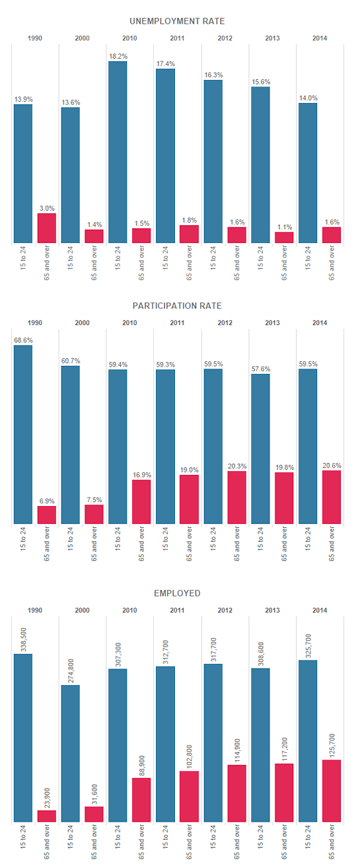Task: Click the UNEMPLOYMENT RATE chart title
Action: click(x=177, y=21)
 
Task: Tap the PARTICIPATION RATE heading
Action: click(x=177, y=306)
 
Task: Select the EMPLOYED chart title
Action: click(x=177, y=593)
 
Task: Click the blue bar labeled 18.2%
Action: click(x=118, y=152)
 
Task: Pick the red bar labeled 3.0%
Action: click(x=47, y=228)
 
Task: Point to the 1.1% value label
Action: click(x=285, y=227)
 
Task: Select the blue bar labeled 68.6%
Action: click(x=23, y=435)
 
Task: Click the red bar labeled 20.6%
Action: click(x=332, y=497)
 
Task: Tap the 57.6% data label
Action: click(x=261, y=369)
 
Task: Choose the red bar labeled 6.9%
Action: click(x=47, y=515)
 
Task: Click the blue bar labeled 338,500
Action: click(x=23, y=738)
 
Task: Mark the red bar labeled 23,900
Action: click(x=47, y=816)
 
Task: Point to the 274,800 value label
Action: click(x=71, y=670)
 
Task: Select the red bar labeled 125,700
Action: click(x=332, y=791)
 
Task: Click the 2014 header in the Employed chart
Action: click(x=320, y=610)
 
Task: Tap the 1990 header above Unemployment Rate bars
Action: click(x=35, y=38)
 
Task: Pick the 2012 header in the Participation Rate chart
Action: click(x=225, y=323)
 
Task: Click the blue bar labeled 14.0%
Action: click(x=308, y=173)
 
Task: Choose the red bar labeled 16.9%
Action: click(x=141, y=502)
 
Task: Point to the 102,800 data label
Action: click(x=189, y=756)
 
